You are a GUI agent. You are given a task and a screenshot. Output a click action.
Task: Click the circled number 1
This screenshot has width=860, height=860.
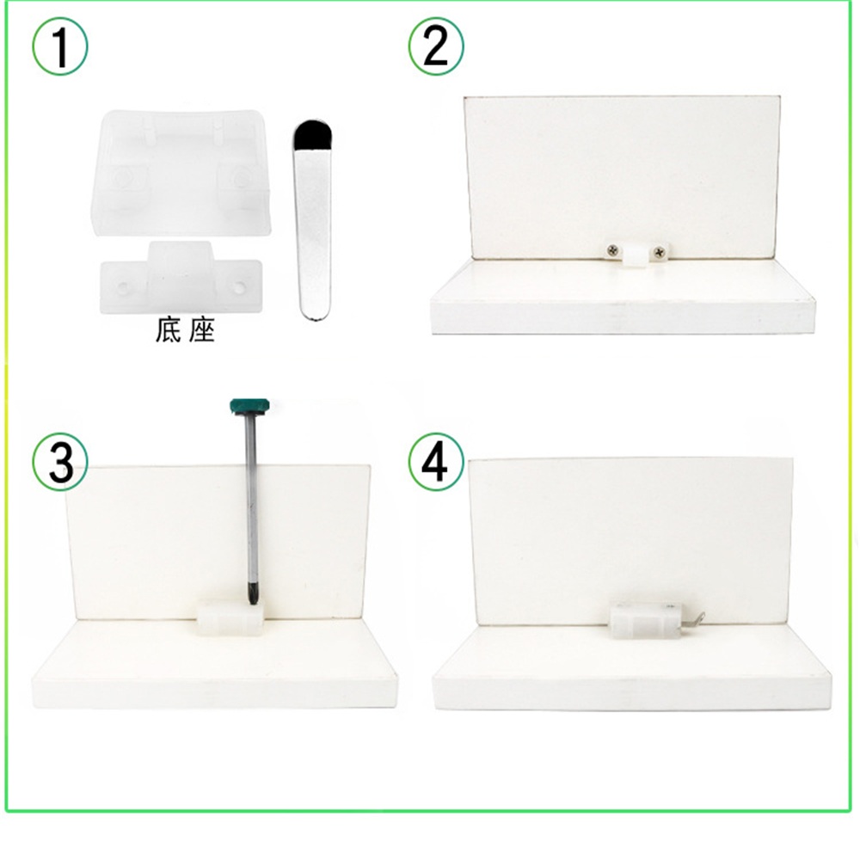(60, 47)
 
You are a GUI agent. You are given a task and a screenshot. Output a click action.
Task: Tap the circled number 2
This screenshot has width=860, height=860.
(436, 46)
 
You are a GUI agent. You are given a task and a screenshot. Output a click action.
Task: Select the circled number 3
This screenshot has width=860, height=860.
(60, 463)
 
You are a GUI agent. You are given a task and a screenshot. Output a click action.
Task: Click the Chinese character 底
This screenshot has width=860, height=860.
(169, 330)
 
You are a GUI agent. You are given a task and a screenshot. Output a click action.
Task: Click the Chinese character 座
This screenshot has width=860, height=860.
(200, 330)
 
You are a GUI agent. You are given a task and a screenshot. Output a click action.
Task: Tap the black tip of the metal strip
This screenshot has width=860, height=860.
(312, 133)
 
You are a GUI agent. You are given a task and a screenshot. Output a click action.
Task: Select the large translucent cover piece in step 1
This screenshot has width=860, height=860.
(180, 172)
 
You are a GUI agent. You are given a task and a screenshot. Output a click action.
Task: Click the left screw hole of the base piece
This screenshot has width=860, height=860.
(122, 287)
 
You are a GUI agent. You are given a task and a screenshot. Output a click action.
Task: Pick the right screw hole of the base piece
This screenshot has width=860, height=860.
(240, 286)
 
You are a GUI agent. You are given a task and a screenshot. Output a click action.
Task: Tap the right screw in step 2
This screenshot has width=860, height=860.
(659, 252)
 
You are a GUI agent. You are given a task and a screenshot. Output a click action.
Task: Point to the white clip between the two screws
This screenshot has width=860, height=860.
(636, 254)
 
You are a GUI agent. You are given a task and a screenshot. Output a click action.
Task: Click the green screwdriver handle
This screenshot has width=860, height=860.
(249, 407)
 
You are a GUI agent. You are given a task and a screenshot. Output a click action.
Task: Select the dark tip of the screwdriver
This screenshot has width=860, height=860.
(252, 596)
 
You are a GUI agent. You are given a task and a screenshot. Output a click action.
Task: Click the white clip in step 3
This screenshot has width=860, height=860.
(230, 617)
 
